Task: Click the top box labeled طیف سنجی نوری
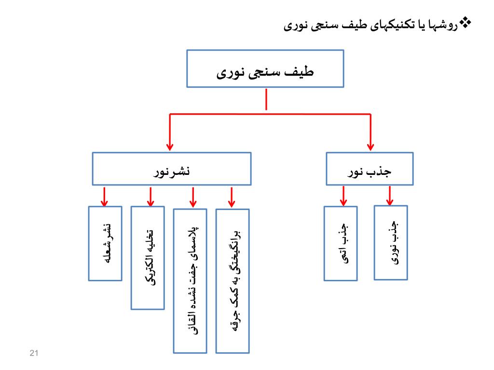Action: (265, 68)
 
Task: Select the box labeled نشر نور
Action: (172, 168)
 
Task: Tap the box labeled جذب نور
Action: (370, 169)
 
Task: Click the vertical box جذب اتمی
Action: (341, 243)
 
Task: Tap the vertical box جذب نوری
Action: (391, 242)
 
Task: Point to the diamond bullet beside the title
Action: (466, 22)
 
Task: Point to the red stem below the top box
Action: (266, 100)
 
